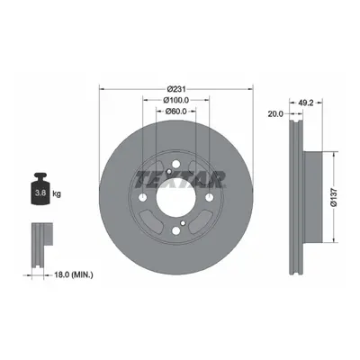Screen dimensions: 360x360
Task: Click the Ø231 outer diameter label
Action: coord(176,89)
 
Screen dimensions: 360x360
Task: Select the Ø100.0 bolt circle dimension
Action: coord(175,100)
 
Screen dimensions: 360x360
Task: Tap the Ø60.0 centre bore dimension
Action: coord(176,112)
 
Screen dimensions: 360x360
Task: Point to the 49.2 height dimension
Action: coord(306,103)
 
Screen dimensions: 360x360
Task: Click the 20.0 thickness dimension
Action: coord(276,114)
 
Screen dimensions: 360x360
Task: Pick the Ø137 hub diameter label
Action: coord(335,197)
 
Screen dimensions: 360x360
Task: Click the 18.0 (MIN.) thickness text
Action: coord(73,274)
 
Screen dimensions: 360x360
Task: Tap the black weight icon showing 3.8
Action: coord(40,189)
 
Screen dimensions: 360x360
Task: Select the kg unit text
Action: coord(57,193)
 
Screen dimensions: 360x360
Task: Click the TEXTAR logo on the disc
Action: coord(180,180)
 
